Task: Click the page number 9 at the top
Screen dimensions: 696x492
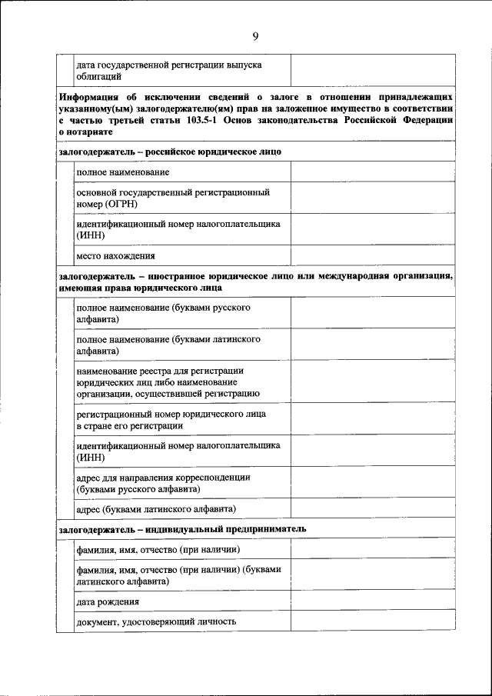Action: (254, 35)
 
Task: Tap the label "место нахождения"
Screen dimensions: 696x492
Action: (115, 255)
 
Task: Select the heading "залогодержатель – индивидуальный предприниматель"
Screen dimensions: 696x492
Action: (182, 529)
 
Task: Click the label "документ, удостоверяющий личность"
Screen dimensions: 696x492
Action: (155, 621)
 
